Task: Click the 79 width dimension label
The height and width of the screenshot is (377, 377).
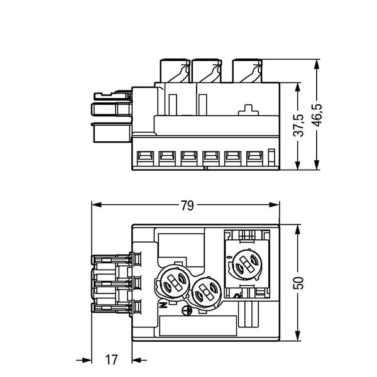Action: [186, 205]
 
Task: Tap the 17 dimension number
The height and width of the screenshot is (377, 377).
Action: [111, 360]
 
